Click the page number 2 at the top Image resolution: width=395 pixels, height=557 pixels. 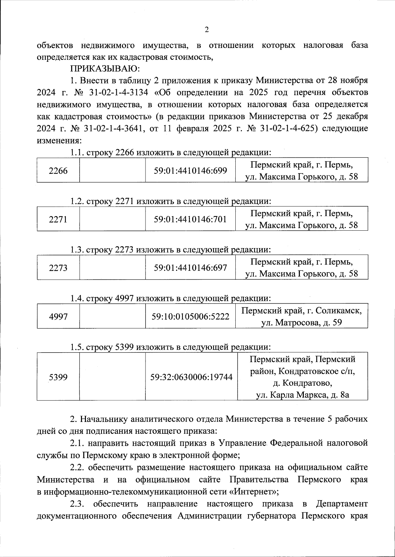pos(207,30)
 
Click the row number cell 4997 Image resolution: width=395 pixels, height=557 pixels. pos(58,316)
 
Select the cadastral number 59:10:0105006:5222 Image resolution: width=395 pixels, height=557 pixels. pos(191,316)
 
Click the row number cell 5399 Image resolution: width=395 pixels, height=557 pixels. pos(58,377)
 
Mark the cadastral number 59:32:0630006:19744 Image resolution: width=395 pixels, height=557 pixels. pos(191,377)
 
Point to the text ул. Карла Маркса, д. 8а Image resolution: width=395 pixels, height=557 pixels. pos(303,395)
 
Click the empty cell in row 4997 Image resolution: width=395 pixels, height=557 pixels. pos(113,316)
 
